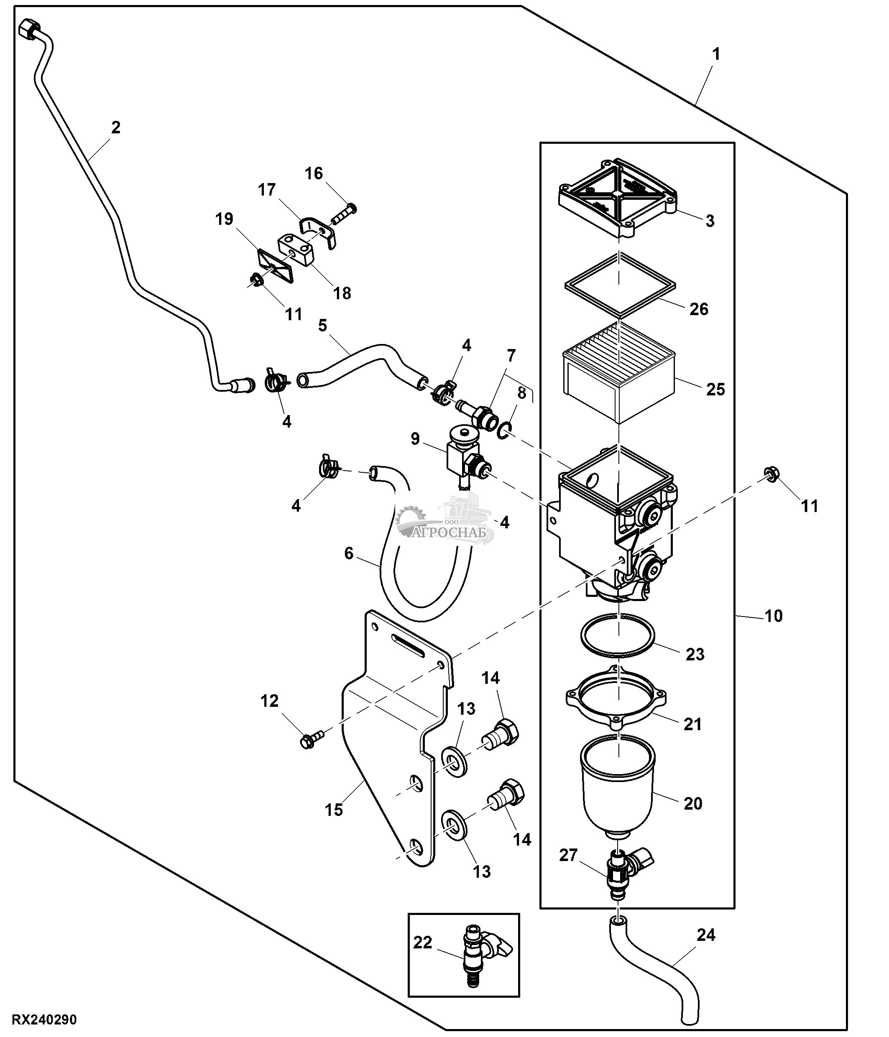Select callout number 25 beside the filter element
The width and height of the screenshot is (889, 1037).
pyautogui.click(x=715, y=390)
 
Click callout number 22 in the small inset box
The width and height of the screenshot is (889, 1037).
pyautogui.click(x=422, y=943)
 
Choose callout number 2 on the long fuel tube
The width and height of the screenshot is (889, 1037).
pyautogui.click(x=116, y=127)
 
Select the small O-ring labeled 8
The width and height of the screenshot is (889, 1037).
pyautogui.click(x=505, y=429)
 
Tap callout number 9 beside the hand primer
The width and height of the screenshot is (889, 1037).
pyautogui.click(x=415, y=439)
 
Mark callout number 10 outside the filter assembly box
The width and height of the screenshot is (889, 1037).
pyautogui.click(x=773, y=616)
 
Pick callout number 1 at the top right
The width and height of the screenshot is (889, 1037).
pyautogui.click(x=716, y=54)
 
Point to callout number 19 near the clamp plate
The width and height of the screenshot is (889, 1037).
pyautogui.click(x=224, y=219)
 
